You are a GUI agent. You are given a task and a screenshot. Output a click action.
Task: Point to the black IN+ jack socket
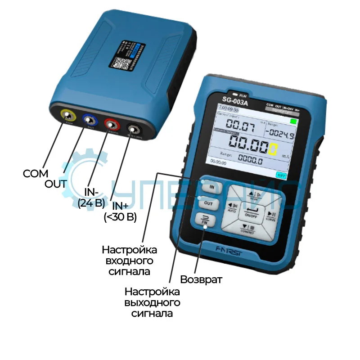tap(133, 129)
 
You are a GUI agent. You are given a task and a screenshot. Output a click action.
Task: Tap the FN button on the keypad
tap(205, 220)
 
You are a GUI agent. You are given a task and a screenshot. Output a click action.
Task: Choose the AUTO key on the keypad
tap(233, 207)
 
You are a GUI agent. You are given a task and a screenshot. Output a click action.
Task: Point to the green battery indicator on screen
tap(294, 121)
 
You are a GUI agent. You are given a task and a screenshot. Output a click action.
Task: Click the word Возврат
tap(201, 279)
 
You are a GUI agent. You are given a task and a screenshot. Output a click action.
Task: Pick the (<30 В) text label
tap(120, 217)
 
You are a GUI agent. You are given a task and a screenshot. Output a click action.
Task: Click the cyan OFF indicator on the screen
tap(281, 175)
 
